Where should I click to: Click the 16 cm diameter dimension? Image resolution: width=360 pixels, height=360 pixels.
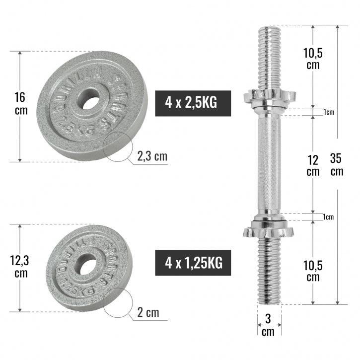click(x=21, y=103)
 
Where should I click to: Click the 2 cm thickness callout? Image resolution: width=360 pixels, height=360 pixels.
click(x=148, y=312)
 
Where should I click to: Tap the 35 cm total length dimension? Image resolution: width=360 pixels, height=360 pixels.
click(x=337, y=164)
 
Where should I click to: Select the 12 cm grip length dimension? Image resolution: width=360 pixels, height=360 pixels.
click(x=312, y=165)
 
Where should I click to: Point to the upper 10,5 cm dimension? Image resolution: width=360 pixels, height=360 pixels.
click(x=313, y=59)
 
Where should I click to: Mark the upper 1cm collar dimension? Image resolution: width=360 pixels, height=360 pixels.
click(x=328, y=112)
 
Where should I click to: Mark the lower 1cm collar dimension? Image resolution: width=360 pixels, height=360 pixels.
click(x=328, y=217)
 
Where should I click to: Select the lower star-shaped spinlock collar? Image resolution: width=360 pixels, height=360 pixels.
click(x=268, y=230)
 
